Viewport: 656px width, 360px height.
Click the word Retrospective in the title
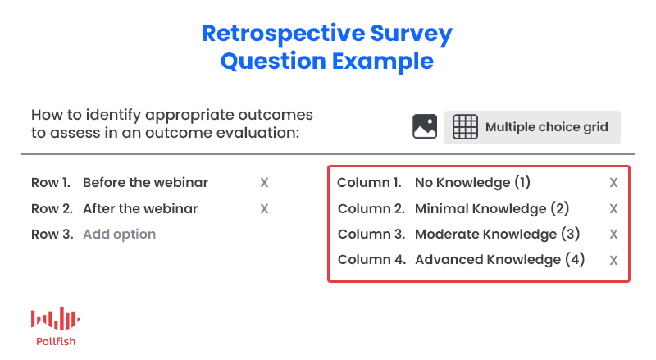tap(283, 34)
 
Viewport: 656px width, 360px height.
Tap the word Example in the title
tap(383, 62)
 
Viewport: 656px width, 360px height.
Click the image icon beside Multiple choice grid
tap(425, 126)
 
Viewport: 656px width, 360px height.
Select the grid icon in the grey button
tap(465, 126)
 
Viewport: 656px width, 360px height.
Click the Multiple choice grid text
tap(546, 127)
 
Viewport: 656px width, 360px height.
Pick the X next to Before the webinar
tap(264, 183)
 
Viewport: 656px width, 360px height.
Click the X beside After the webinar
tap(264, 208)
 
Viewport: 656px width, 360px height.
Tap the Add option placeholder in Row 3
tap(119, 234)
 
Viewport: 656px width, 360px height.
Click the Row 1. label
tap(51, 183)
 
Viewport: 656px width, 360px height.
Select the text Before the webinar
tap(145, 183)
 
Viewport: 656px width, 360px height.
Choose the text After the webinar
tap(140, 208)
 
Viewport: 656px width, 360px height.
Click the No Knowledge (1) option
tap(472, 183)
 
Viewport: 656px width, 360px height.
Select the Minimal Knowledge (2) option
tap(492, 208)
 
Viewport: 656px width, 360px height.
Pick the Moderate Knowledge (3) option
tap(498, 234)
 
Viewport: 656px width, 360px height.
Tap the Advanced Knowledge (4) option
tap(500, 259)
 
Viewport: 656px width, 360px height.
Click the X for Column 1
tap(613, 183)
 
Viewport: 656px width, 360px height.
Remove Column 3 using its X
tap(613, 234)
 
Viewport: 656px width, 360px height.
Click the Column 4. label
tap(372, 259)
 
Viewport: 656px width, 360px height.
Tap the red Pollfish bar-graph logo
tap(56, 318)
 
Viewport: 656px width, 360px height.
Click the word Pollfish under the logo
tap(56, 342)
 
